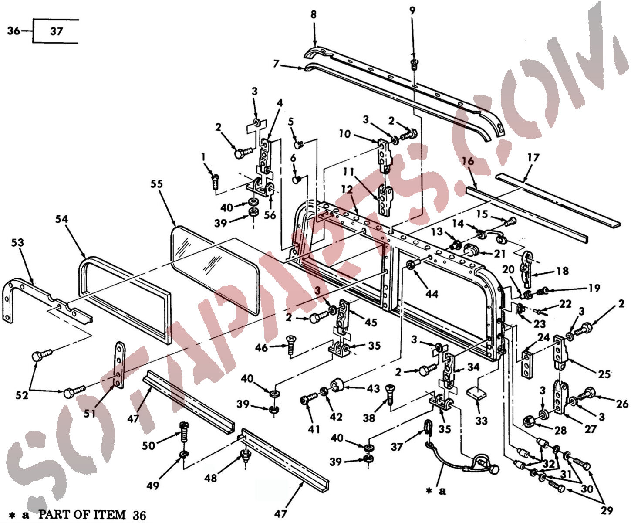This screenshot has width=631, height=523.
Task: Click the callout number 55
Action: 156,183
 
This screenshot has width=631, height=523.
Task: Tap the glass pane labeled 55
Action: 215,270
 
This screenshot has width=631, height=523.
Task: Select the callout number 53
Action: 17,242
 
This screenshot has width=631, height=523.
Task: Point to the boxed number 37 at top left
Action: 57,31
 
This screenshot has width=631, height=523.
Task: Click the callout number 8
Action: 314,14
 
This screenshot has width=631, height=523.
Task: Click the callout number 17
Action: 533,157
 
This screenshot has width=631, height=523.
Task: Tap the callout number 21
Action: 499,254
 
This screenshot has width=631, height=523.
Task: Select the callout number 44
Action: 432,294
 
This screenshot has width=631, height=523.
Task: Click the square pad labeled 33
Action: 477,393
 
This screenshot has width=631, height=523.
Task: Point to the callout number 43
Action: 373,389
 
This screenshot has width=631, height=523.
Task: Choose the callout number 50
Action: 148,445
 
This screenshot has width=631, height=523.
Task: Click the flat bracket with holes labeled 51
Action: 120,365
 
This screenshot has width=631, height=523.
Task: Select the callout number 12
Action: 347,189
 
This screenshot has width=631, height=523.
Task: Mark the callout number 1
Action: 203,157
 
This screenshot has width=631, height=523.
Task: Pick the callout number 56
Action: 270,215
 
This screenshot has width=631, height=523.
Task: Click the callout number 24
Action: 543,337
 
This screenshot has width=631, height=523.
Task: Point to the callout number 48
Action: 211,478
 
